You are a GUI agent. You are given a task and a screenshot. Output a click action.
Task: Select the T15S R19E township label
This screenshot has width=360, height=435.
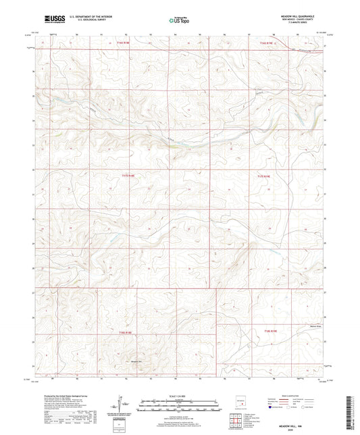click(265, 176)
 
